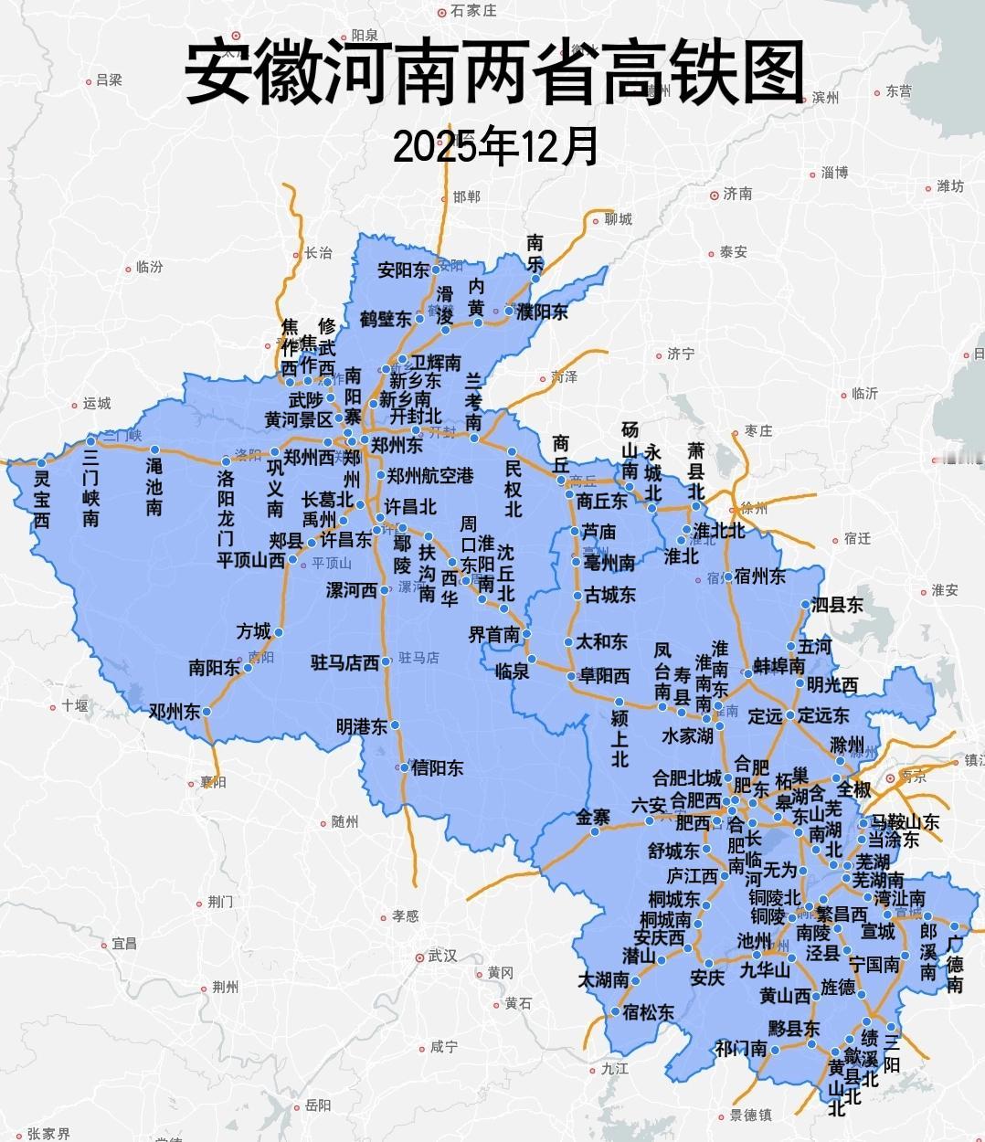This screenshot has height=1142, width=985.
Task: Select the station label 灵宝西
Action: click(41, 499)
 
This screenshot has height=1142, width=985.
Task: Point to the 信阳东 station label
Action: click(437, 768)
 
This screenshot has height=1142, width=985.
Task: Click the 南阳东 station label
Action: click(214, 668)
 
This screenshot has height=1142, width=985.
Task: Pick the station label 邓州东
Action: click(175, 712)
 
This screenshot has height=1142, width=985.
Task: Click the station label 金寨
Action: click(593, 817)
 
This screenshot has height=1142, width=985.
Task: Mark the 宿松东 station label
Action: click(648, 1012)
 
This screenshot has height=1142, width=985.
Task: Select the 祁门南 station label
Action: click(740, 1049)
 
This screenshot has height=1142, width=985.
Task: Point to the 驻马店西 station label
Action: click(344, 662)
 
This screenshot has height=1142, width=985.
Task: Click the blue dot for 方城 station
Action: click(279, 632)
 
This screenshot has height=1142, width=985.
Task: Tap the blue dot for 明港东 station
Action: click(396, 726)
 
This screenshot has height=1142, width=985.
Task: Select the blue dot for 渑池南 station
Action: click(155, 449)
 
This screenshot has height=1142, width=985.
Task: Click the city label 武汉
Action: click(441, 956)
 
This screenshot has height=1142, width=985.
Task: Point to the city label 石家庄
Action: click(473, 11)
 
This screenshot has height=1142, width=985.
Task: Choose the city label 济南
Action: click(736, 194)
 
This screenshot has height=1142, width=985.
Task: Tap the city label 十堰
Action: click(74, 705)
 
